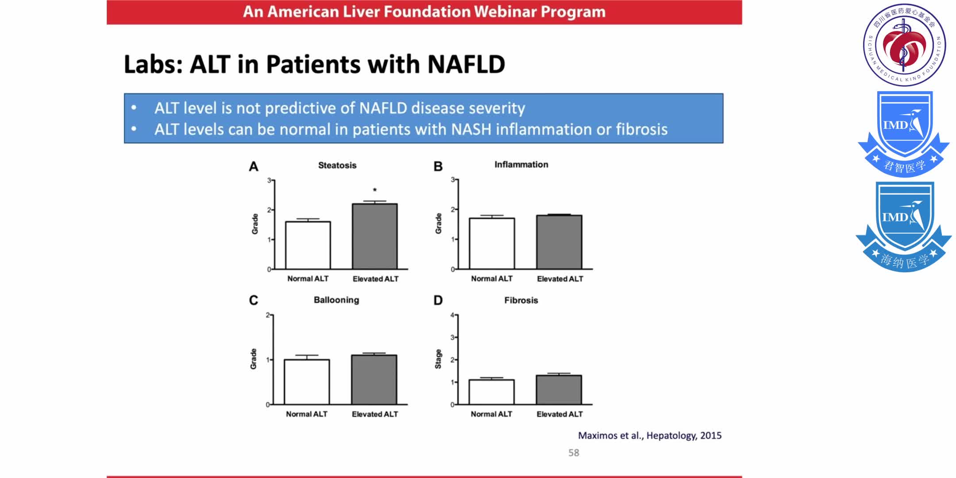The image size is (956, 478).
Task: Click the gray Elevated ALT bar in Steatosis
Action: (375, 236)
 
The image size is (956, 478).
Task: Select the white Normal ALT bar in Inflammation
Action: (492, 243)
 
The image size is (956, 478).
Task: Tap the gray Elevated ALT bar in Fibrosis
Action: (559, 389)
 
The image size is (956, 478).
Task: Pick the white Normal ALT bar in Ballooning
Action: (307, 382)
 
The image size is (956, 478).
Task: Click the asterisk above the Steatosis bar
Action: (375, 190)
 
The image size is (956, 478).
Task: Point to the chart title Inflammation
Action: (521, 165)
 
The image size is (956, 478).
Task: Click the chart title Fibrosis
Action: (521, 300)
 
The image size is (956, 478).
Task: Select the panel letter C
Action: (253, 301)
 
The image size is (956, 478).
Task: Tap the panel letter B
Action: (438, 166)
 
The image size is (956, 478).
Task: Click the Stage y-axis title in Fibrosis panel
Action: (438, 359)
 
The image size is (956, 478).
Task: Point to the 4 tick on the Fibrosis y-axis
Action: (452, 315)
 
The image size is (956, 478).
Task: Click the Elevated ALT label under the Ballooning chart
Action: (374, 414)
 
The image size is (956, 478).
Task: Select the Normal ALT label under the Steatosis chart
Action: (308, 279)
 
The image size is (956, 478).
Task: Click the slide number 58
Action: (574, 453)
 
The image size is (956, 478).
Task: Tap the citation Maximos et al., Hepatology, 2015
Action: (649, 436)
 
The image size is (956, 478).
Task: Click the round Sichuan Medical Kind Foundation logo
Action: (904, 45)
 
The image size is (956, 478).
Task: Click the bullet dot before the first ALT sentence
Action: (134, 108)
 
